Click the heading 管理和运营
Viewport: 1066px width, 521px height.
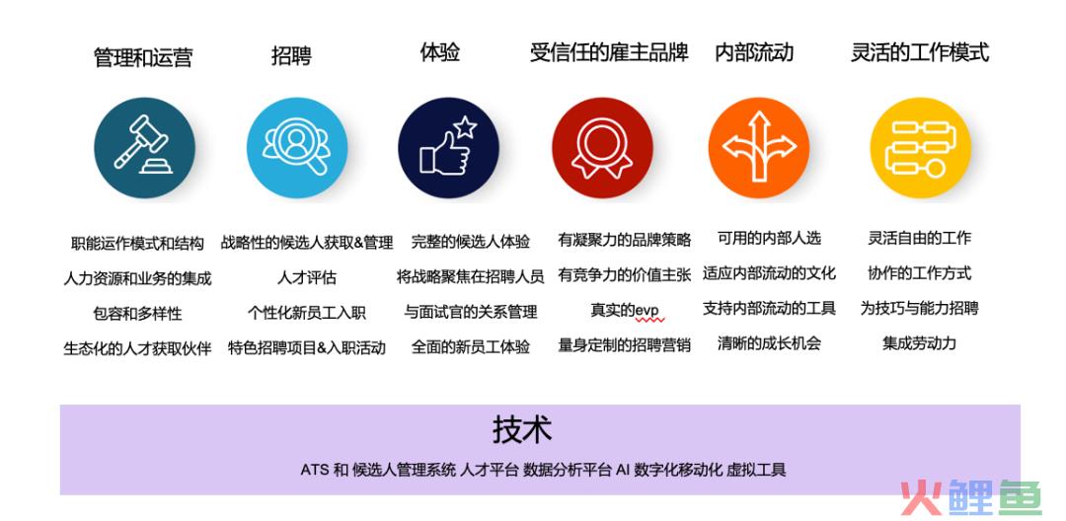pos(143,57)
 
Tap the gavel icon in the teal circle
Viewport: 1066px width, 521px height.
pos(143,147)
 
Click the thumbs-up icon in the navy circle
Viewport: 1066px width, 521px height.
pos(448,147)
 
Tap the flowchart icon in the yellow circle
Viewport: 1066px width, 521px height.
pos(920,147)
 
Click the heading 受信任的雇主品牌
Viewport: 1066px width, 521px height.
pos(609,52)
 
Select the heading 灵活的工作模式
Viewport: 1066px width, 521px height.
pos(920,52)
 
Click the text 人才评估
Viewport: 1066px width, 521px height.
pos(307,277)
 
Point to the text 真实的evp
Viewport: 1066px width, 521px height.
pos(624,311)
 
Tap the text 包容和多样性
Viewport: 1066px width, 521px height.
pos(137,313)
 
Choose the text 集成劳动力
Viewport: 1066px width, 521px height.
pos(919,343)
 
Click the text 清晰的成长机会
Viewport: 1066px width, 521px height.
pos(769,343)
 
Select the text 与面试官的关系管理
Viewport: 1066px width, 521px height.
pos(471,312)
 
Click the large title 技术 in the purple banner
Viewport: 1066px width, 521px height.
pos(522,429)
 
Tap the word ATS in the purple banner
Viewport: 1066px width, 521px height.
pos(315,470)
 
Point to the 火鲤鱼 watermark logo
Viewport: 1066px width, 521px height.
pos(971,497)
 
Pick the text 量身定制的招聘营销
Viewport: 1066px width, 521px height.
pos(624,344)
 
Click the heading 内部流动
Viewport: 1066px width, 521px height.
pos(754,52)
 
